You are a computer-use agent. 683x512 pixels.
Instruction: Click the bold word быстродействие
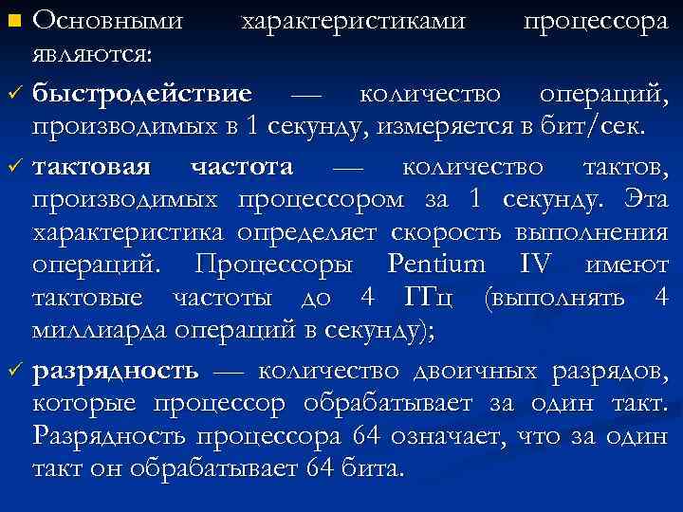click(x=142, y=95)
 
